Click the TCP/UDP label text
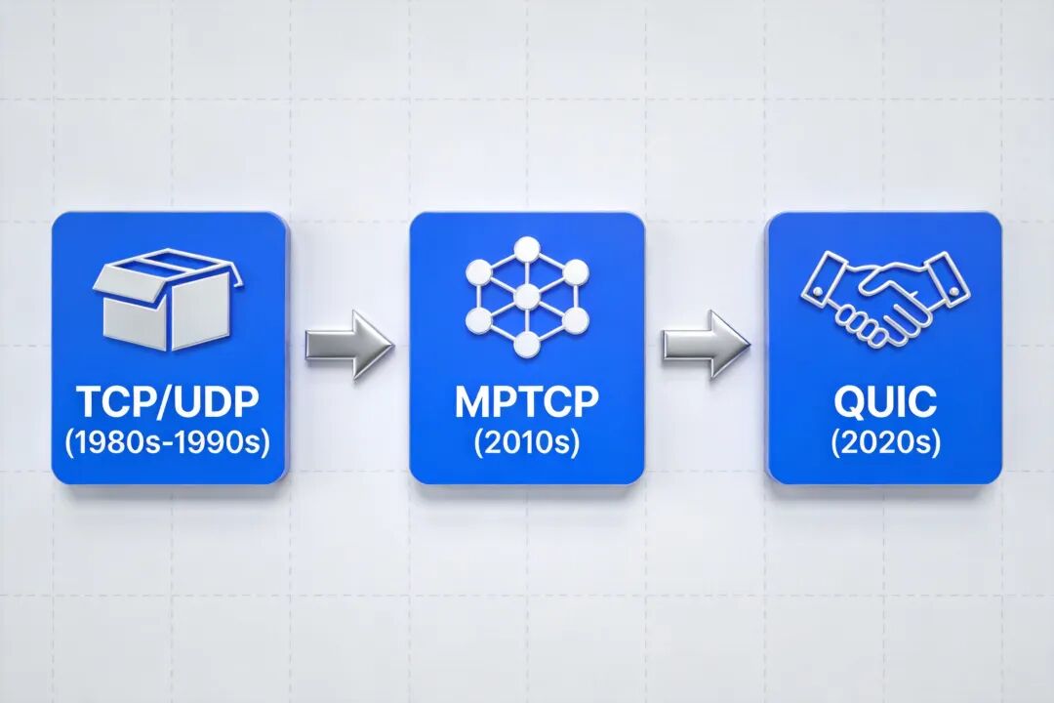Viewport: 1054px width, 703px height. coord(170,402)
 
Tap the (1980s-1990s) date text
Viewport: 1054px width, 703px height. coord(170,441)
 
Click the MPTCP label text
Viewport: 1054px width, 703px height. coord(526,402)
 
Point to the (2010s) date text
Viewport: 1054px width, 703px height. coord(526,441)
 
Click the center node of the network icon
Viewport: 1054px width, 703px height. coord(527,295)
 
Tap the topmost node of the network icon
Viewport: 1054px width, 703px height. coord(527,248)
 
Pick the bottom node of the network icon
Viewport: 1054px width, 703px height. coord(527,343)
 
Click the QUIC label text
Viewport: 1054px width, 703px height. coord(885,402)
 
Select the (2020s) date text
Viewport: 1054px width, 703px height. coord(885,441)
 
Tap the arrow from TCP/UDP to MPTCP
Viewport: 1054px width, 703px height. coord(348,344)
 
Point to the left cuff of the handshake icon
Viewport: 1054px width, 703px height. coord(824,276)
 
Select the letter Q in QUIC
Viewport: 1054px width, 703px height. coord(847,402)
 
